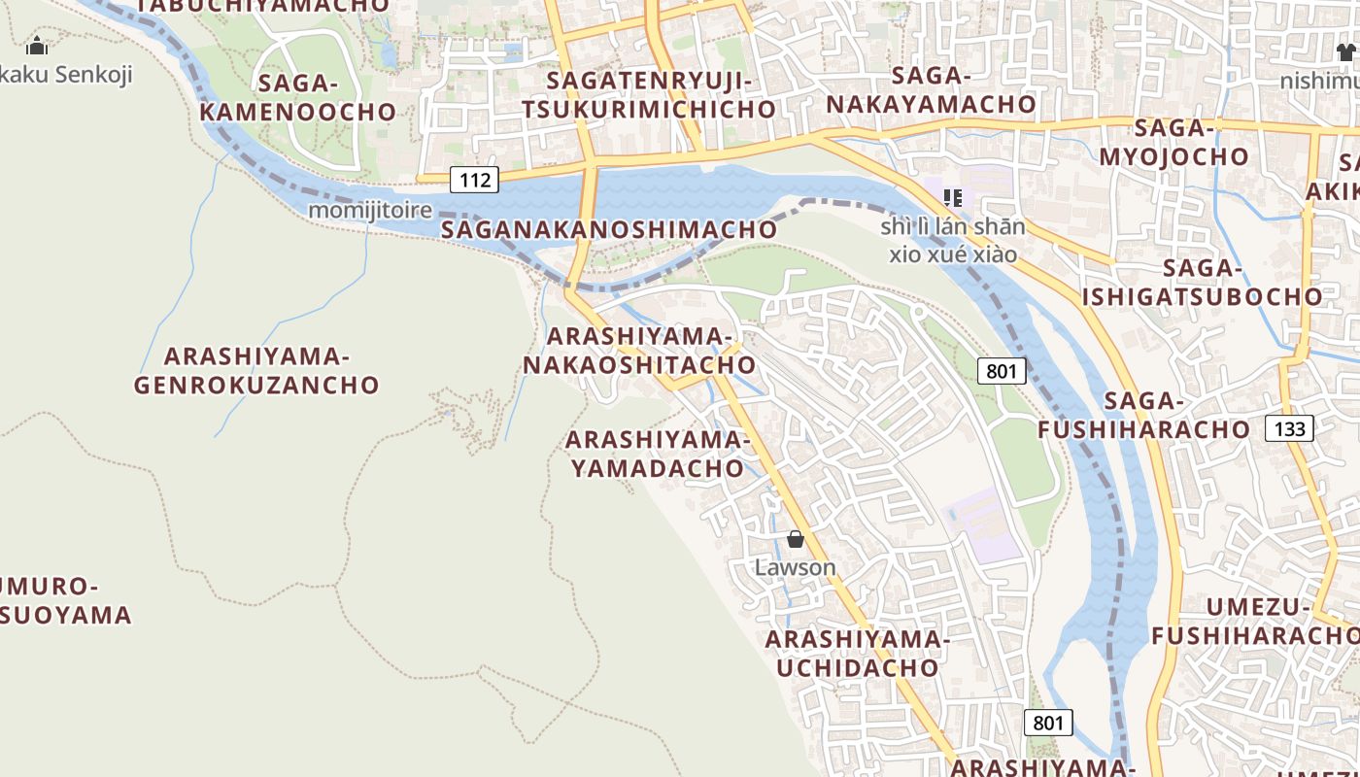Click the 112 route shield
474,179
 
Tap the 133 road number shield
1289,428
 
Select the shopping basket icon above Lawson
796,539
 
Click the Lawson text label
796,567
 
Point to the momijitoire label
370,210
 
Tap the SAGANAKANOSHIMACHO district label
609,229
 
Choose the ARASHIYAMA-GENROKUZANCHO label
256,370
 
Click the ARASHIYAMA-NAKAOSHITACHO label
639,351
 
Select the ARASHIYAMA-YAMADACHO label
657,454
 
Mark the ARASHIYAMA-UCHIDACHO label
857,654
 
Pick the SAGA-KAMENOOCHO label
298,97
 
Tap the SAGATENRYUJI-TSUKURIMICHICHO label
649,94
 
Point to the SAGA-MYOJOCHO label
1174,142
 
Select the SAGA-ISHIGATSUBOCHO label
1203,283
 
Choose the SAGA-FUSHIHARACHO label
1144,415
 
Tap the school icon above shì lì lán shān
953,198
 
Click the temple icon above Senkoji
37,46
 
